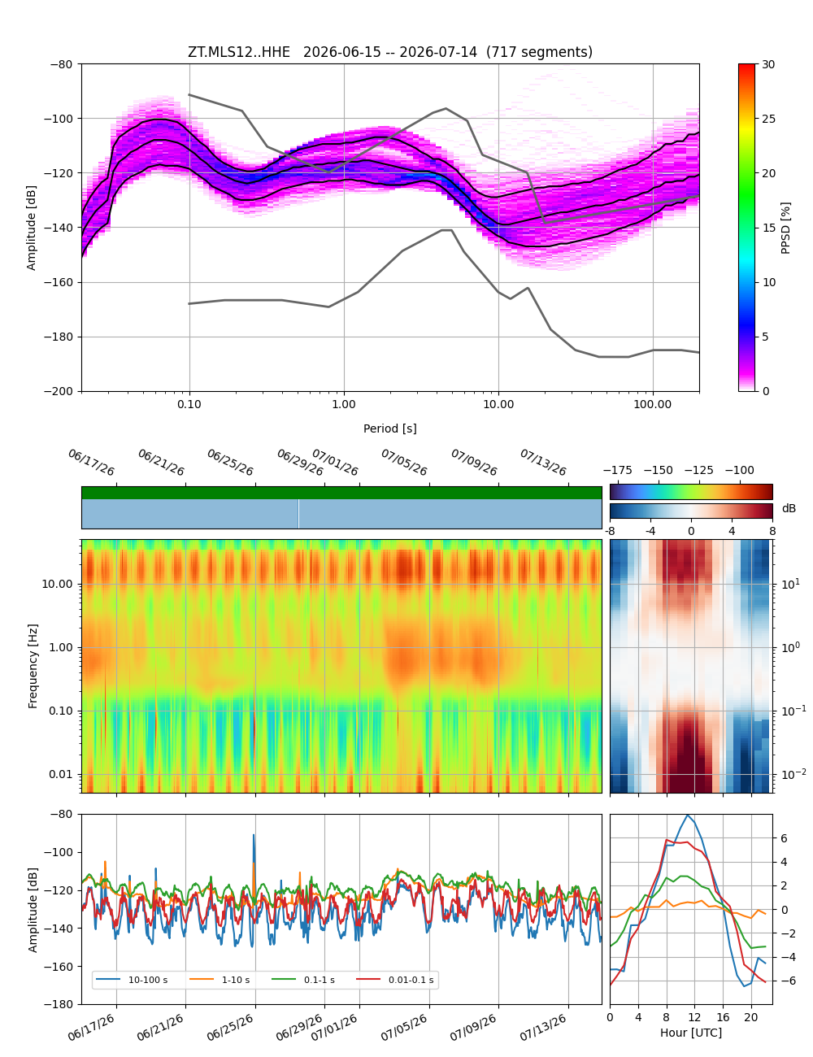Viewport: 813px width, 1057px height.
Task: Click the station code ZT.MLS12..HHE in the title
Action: tap(238, 52)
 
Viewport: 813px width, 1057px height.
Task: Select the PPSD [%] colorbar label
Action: tap(785, 228)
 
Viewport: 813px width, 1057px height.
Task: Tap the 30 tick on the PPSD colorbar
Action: tap(767, 64)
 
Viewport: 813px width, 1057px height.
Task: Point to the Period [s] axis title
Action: tap(389, 428)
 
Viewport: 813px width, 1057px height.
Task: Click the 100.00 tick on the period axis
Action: tap(652, 405)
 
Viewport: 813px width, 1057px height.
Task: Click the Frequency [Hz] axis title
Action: tap(33, 666)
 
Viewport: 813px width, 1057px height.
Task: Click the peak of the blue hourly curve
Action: tap(687, 816)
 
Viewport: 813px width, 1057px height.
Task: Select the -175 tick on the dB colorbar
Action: tap(617, 471)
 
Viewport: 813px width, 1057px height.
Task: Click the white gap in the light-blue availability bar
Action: tap(298, 514)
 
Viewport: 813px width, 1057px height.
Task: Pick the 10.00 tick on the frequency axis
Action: tap(57, 584)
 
